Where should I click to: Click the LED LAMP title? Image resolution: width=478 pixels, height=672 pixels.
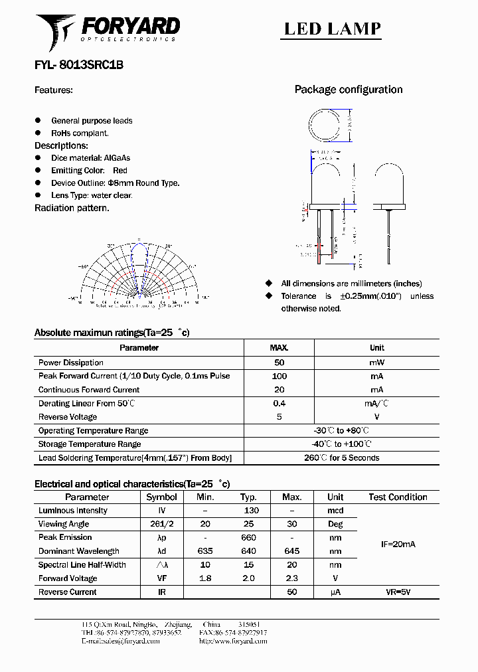pos(333,29)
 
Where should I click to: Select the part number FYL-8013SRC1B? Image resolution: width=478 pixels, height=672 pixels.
pos(78,65)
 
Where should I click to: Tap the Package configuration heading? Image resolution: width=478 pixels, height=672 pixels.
pos(349,90)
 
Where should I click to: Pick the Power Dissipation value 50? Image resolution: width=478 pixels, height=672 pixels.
pos(279,363)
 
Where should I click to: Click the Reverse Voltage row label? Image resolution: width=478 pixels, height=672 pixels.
pos(68,417)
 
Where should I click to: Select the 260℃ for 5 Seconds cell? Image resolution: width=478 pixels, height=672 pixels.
pos(342,458)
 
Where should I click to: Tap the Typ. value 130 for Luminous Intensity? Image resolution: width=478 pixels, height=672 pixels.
pos(251,511)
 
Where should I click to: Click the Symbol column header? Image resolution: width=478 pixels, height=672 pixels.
pos(161,497)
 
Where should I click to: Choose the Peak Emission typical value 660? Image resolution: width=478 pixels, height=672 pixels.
pos(248,538)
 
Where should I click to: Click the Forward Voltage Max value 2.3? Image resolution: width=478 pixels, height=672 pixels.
pos(291,578)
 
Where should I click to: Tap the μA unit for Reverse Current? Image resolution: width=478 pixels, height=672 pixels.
pos(335,592)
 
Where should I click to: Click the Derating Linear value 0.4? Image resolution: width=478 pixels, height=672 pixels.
pos(279,403)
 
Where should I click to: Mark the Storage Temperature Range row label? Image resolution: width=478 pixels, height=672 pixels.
pos(90,444)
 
